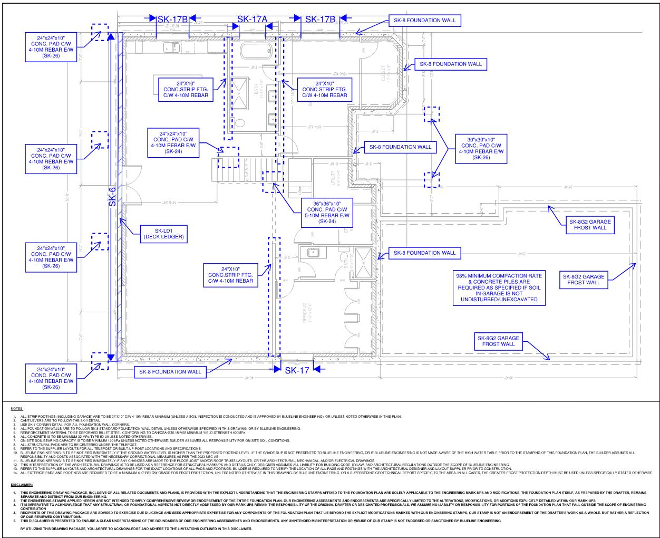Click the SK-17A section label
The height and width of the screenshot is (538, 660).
pos(252,20)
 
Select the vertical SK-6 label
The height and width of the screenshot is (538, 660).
pos(112,196)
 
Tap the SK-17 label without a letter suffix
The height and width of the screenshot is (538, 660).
pos(297,370)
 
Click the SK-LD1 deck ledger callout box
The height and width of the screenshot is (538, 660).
pos(162,234)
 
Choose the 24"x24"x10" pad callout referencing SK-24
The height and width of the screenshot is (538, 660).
pos(173,141)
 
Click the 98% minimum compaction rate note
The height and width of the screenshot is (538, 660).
pos(498,287)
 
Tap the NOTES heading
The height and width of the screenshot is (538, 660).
pos(16,408)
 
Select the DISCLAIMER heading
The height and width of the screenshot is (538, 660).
pos(22,484)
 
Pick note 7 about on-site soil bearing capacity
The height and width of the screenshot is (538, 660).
pos(132,440)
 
